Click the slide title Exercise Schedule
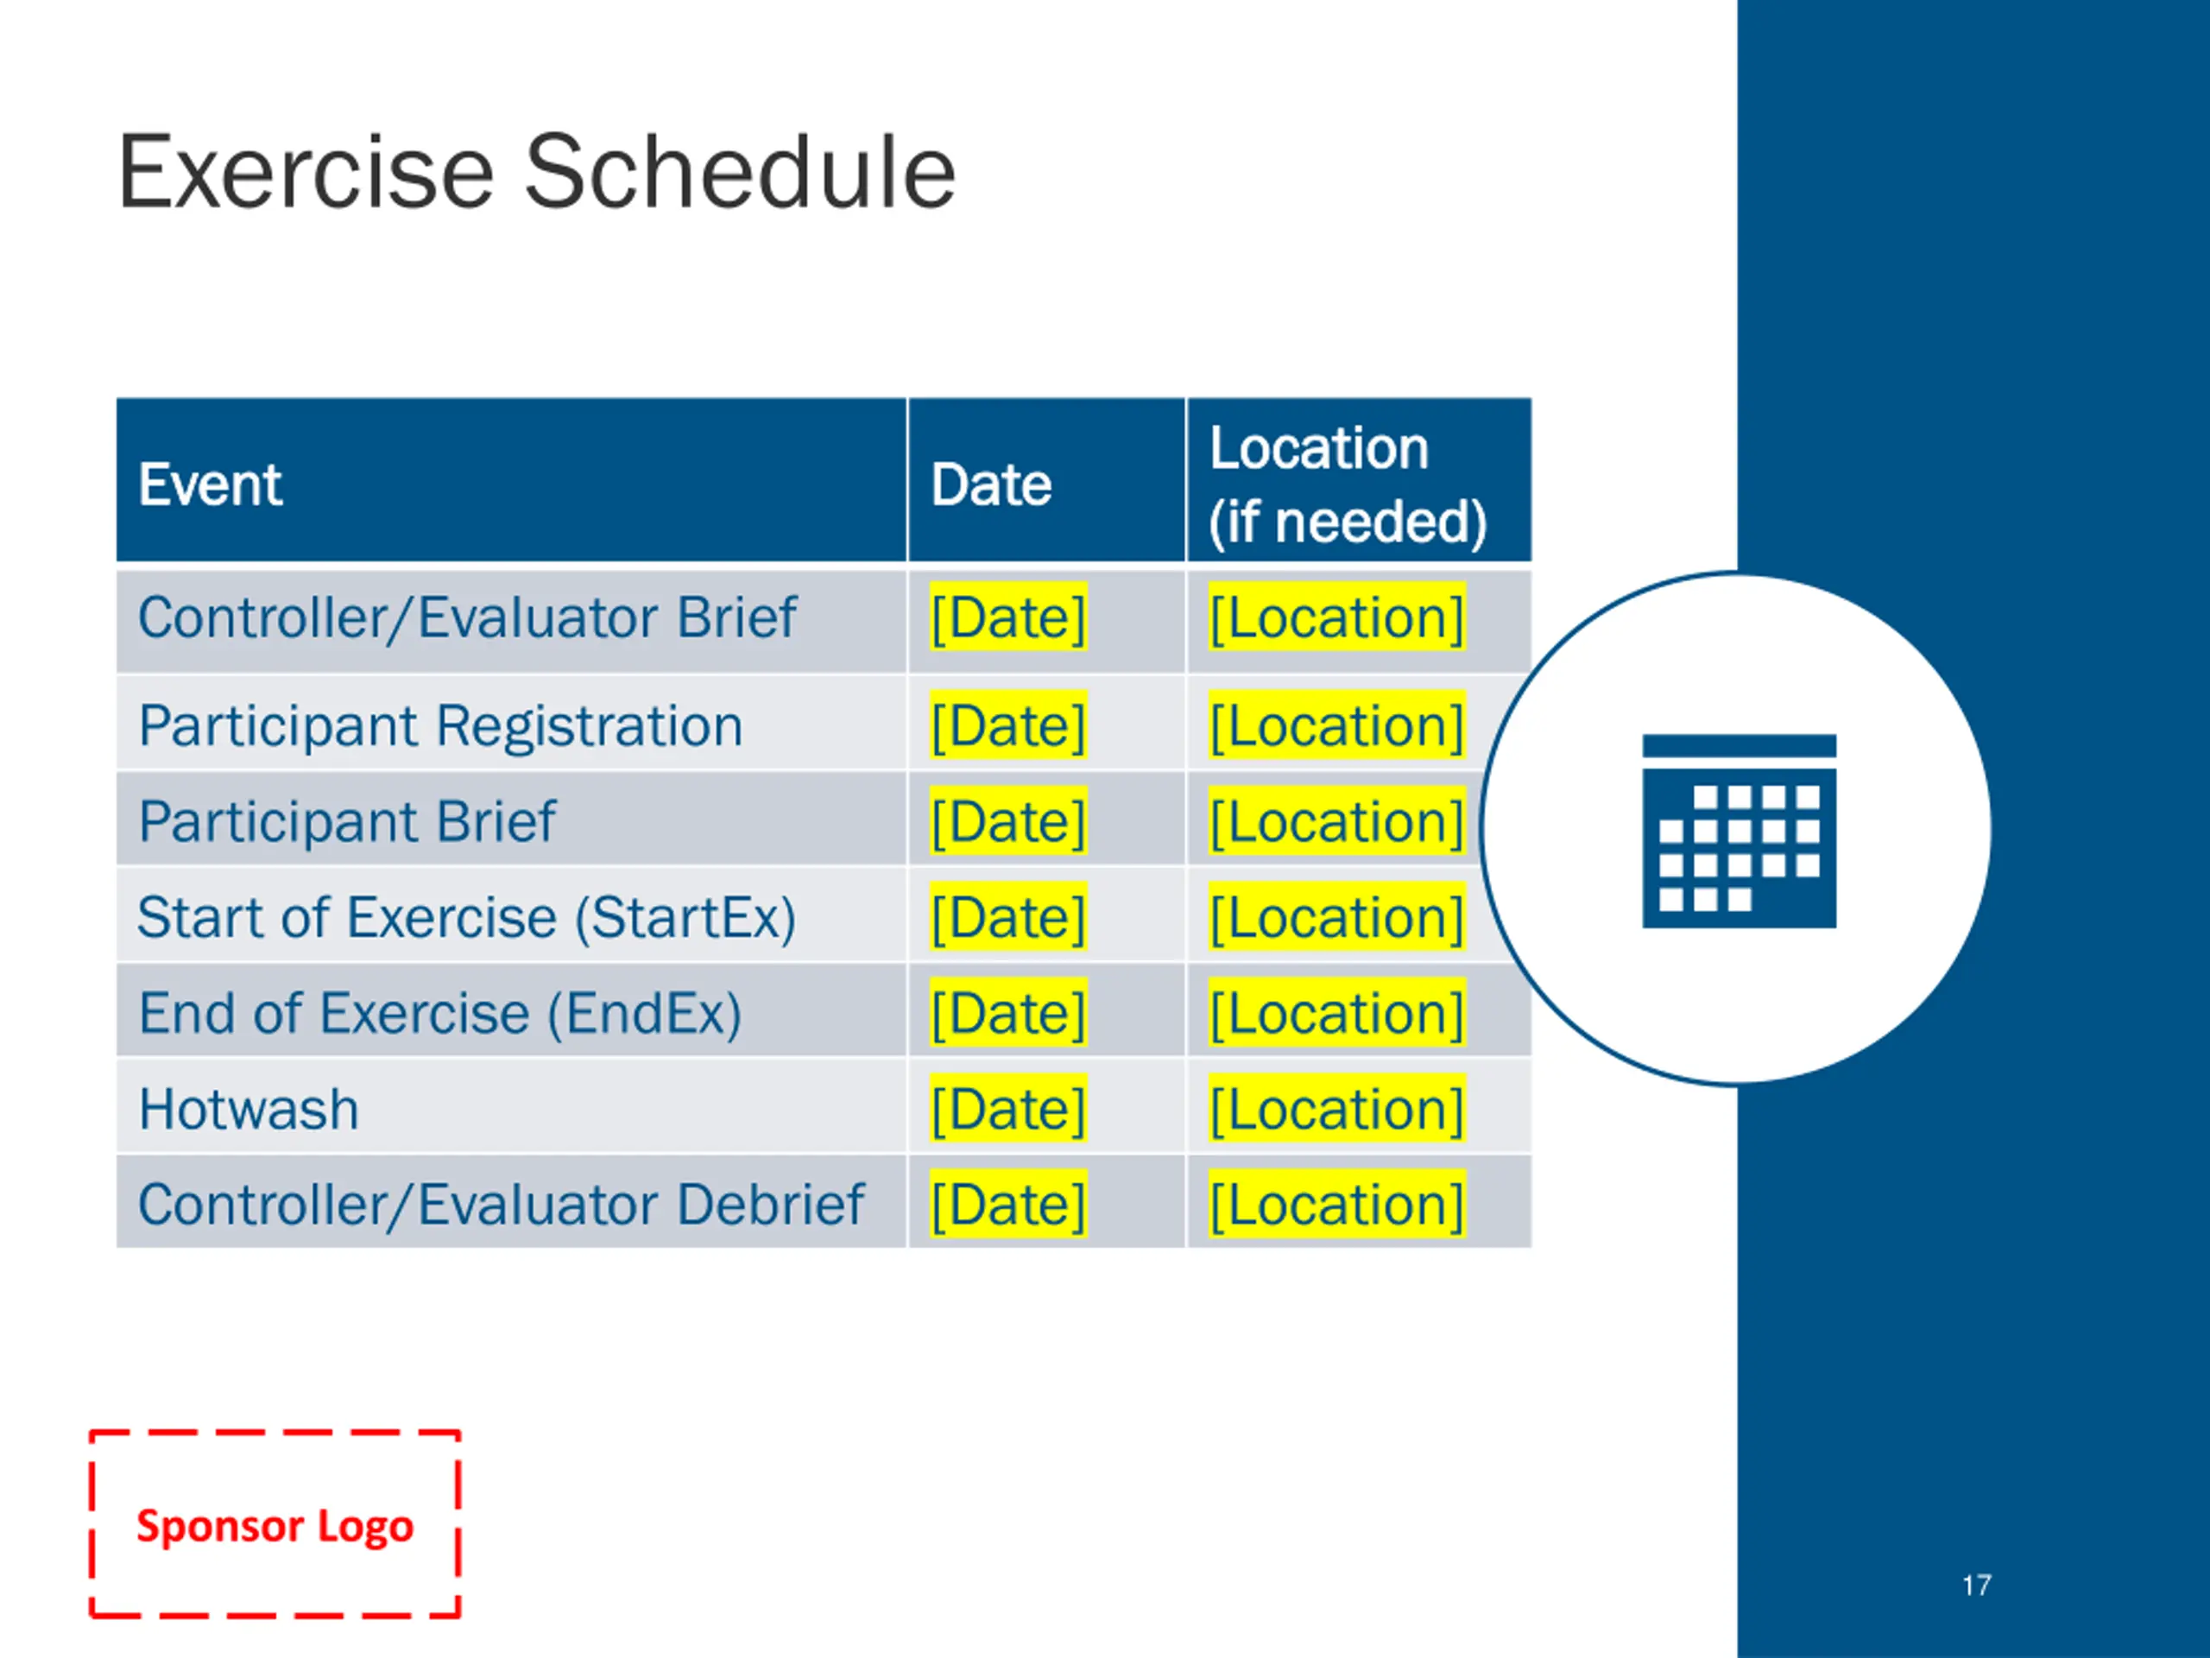536,172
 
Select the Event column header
210,484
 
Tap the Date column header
991,484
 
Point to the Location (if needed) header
1348,484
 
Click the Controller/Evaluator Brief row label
466,617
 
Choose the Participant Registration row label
440,725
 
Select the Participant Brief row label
347,821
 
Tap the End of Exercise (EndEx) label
439,1014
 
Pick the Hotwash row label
249,1110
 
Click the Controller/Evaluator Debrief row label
501,1205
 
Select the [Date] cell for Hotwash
1008,1110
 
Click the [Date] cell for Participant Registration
1008,725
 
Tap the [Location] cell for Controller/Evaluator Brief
1336,617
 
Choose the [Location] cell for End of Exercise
1336,1014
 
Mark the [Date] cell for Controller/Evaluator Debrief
1008,1205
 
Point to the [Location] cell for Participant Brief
1336,821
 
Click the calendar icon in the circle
1739,831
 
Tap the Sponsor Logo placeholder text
275,1526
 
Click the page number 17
1976,1585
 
